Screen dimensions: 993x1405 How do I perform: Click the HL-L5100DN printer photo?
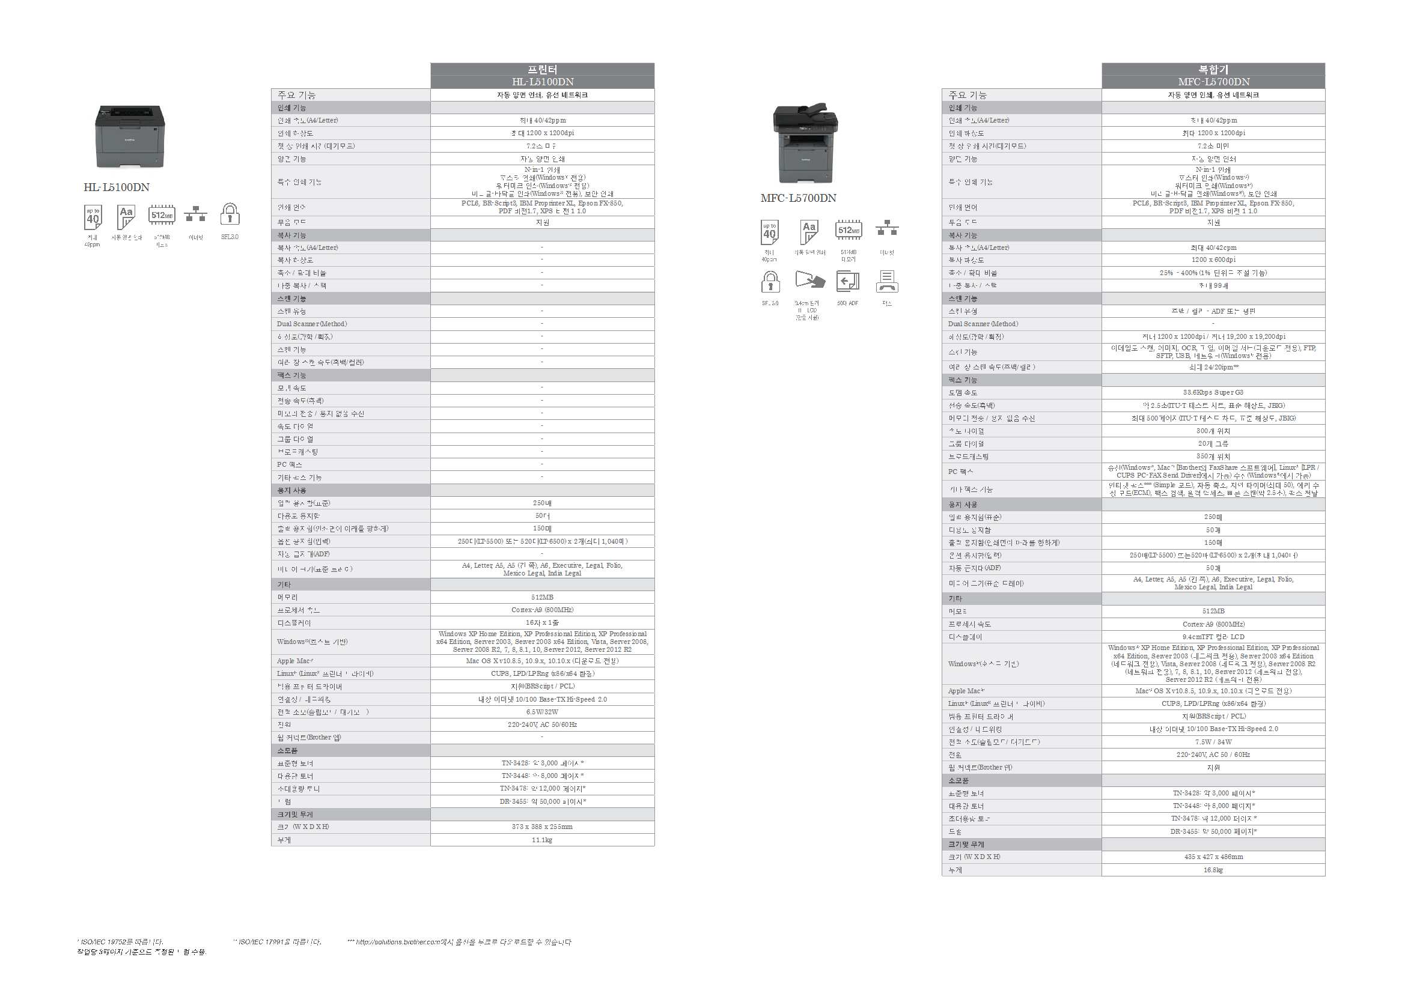click(x=130, y=136)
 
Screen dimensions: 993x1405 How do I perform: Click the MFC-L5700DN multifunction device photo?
click(x=805, y=144)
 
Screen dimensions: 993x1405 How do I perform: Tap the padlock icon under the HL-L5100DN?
click(x=230, y=214)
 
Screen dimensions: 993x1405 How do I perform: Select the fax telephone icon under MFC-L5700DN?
click(x=887, y=282)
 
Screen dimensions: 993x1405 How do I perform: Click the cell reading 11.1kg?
click(x=542, y=840)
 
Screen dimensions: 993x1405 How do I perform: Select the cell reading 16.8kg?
click(x=1213, y=869)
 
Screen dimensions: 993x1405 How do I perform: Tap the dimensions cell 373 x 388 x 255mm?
click(x=542, y=827)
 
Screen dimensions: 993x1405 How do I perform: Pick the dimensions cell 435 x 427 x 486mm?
click(x=1213, y=857)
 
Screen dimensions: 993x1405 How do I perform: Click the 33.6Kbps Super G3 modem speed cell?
click(x=1213, y=392)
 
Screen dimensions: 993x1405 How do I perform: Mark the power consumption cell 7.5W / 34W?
click(x=1213, y=741)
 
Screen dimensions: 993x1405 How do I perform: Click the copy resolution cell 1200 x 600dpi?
click(x=1213, y=260)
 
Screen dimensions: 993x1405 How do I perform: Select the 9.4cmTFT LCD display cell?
click(x=1213, y=637)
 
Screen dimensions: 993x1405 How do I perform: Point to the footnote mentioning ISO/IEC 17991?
click(x=278, y=941)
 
